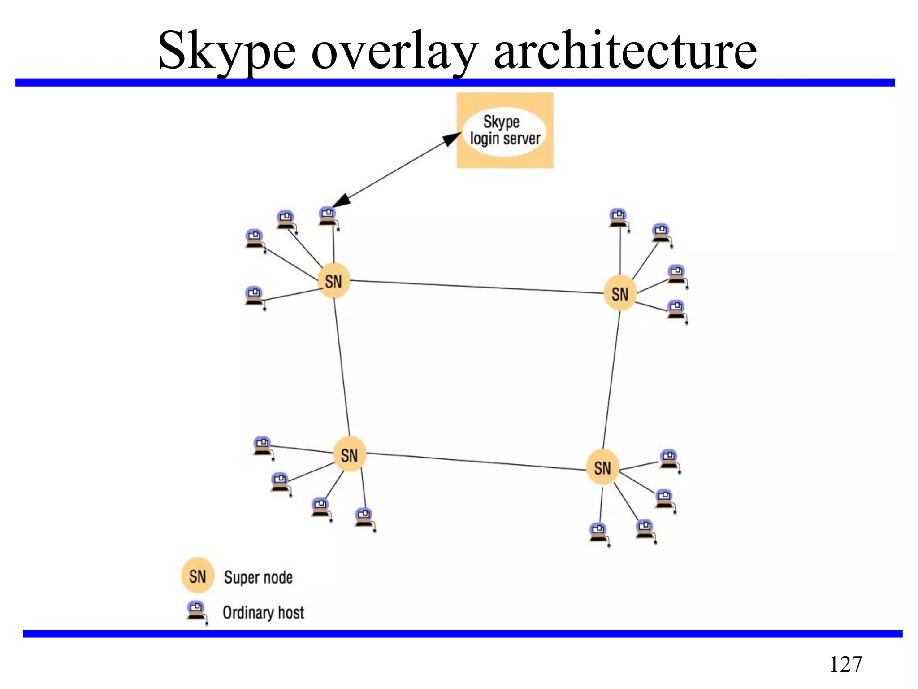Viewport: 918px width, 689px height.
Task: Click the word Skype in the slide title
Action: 227,50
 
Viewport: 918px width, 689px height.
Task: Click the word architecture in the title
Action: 625,50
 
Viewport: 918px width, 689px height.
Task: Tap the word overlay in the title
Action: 394,50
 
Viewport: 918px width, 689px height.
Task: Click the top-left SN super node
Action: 333,282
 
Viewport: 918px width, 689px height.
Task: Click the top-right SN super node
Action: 620,294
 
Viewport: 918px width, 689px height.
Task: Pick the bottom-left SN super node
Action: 350,455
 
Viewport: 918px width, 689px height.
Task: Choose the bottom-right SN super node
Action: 602,468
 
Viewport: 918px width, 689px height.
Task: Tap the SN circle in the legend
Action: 198,576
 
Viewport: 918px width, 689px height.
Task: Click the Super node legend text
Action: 258,577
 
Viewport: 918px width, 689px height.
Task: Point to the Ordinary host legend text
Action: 263,612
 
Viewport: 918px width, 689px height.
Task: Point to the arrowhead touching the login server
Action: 451,139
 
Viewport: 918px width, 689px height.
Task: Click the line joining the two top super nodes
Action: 476,288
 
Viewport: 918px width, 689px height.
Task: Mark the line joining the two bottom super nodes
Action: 476,462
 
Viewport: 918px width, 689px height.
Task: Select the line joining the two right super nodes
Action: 611,380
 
